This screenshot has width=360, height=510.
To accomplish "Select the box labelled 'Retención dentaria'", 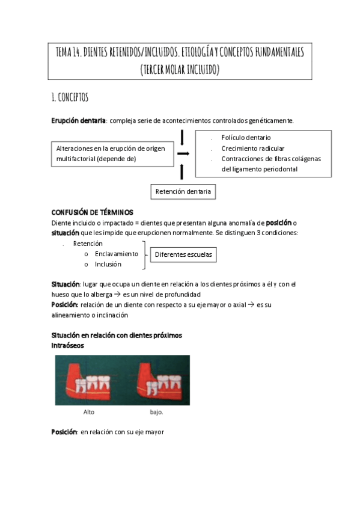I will (183, 192).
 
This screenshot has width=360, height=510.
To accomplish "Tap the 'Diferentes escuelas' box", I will (183, 254).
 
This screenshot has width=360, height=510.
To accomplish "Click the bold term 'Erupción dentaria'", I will (78, 121).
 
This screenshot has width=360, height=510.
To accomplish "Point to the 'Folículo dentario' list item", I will (246, 138).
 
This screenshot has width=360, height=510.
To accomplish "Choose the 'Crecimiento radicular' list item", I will (252, 149).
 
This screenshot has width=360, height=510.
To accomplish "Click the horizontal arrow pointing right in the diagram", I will (183, 153).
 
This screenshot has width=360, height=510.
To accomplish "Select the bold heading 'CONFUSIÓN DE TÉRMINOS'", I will (92, 212).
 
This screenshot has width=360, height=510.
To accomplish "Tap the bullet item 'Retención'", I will (88, 244).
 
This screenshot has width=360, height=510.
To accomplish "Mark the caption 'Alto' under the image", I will (88, 413).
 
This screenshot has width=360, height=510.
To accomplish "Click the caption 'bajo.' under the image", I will (156, 413).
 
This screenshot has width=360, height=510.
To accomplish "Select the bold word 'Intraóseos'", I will (67, 346).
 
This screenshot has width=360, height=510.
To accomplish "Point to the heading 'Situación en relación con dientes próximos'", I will (117, 335).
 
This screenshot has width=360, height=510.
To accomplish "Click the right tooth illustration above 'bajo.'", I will (157, 381).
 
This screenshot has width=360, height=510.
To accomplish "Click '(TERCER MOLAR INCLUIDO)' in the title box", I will (180, 70).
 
